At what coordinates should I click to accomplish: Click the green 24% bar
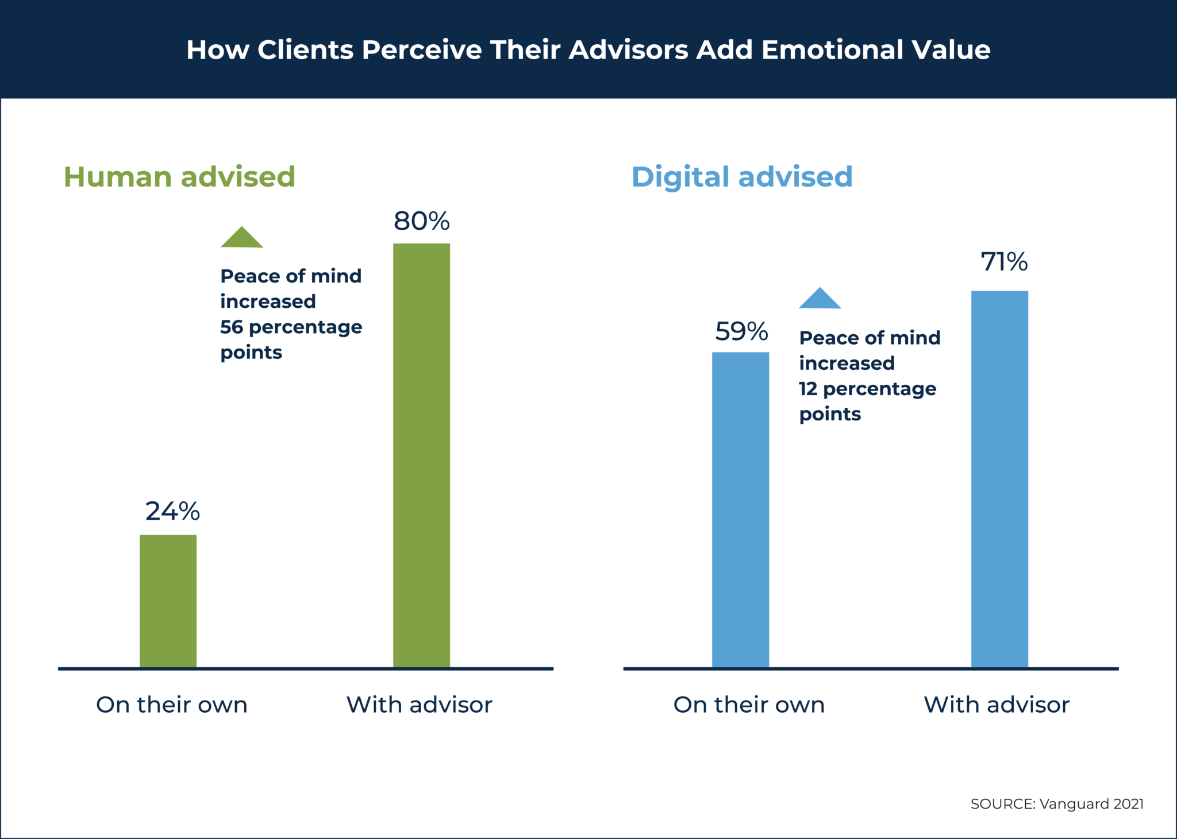pyautogui.click(x=168, y=601)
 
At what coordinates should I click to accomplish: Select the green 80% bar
pyautogui.click(x=421, y=455)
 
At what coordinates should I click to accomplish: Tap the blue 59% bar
pyautogui.click(x=740, y=509)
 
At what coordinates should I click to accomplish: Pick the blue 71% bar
pyautogui.click(x=999, y=479)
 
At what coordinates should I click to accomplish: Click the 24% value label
pyautogui.click(x=172, y=511)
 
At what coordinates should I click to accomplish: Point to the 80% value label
pyautogui.click(x=421, y=221)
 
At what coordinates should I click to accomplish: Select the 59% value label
pyautogui.click(x=741, y=331)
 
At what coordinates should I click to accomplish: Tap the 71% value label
pyautogui.click(x=1004, y=262)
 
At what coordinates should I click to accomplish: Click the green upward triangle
pyautogui.click(x=242, y=238)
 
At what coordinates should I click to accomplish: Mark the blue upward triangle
pyautogui.click(x=820, y=299)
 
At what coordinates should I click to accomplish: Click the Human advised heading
pyautogui.click(x=179, y=177)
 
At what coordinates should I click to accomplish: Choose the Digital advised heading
pyautogui.click(x=741, y=177)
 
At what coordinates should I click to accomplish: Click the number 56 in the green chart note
pyautogui.click(x=232, y=327)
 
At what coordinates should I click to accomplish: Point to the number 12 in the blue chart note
pyautogui.click(x=808, y=389)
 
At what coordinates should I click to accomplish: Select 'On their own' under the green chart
pyautogui.click(x=172, y=705)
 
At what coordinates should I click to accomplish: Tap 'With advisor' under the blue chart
pyautogui.click(x=997, y=705)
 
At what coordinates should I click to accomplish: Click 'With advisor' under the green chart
pyautogui.click(x=420, y=705)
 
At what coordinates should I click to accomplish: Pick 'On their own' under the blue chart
pyautogui.click(x=749, y=705)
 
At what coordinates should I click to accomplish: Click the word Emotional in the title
pyautogui.click(x=832, y=50)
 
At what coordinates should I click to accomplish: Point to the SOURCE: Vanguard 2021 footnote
pyautogui.click(x=1057, y=804)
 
